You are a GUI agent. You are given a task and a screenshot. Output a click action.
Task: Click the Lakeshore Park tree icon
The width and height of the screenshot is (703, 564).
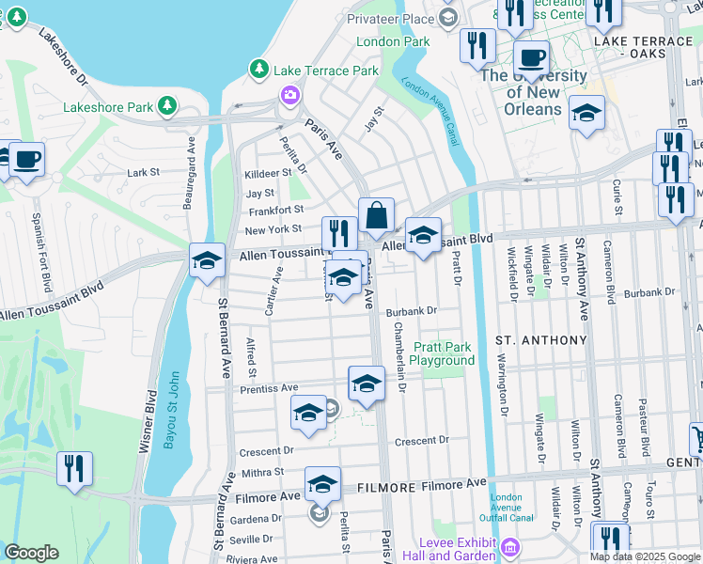coord(167,105)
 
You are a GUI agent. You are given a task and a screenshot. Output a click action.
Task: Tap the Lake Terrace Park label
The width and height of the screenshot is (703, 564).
coord(325,70)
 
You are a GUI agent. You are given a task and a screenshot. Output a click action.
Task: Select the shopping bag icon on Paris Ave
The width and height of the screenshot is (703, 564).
coord(376,216)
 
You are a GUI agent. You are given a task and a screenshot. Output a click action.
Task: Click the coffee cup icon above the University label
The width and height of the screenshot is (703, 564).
coord(531,57)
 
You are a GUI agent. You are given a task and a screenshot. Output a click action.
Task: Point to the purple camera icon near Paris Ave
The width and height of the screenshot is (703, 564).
coord(289,95)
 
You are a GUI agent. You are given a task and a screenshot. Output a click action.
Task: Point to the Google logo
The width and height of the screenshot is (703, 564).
coord(32,553)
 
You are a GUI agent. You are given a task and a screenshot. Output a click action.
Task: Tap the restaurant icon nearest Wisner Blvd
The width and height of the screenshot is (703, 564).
coord(74,468)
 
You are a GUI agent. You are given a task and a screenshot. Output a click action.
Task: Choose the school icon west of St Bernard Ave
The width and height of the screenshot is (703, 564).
coord(207,260)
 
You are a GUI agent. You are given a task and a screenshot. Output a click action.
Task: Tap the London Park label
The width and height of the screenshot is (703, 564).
coord(393,41)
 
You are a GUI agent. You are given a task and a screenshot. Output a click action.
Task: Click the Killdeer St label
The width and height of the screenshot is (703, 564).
coord(267,174)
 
